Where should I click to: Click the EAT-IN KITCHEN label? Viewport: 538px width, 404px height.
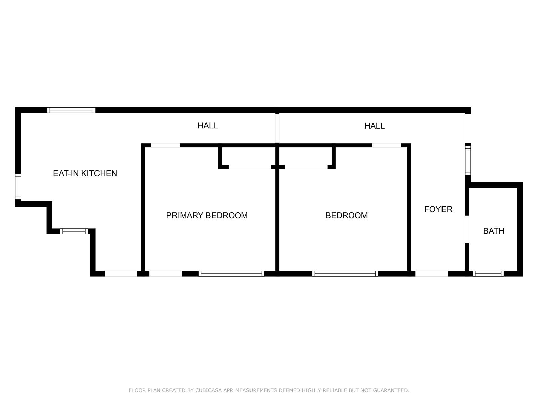(85, 173)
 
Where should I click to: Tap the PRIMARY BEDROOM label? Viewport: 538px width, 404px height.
(207, 215)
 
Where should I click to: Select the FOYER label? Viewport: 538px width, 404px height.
(438, 209)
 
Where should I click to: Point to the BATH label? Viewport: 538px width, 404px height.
(494, 231)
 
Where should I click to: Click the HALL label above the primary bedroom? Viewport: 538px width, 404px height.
(208, 126)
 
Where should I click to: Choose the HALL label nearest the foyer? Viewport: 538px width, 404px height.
(374, 126)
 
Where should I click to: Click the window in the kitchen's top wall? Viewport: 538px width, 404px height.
(71, 110)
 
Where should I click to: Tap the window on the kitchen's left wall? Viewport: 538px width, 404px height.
(18, 187)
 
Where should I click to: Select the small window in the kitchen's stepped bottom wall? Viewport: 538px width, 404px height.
(74, 231)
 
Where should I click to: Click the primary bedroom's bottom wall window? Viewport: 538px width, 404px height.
(231, 274)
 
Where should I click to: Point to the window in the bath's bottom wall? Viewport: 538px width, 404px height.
(488, 274)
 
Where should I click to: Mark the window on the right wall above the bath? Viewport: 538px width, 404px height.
(468, 161)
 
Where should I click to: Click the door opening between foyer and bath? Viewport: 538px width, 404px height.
(467, 229)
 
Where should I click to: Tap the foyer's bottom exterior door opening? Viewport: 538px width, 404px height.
(431, 274)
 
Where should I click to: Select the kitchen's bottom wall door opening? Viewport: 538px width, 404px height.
(121, 274)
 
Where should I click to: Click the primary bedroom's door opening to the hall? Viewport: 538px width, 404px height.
(165, 145)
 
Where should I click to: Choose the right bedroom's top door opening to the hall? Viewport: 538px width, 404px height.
(386, 145)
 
